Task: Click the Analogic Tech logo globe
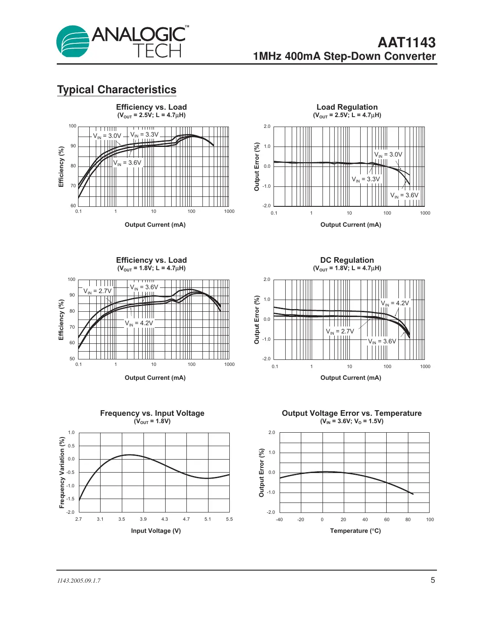73,42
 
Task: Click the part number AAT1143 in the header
406,42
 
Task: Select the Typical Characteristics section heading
117,90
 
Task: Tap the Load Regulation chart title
347,107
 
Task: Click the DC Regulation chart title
347,260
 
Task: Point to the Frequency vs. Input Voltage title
152,413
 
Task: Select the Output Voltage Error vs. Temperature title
352,413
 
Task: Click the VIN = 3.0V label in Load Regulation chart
388,154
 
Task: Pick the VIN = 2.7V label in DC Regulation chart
340,331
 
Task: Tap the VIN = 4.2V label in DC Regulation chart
394,303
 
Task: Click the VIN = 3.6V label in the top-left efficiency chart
127,163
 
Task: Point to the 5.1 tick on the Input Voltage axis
208,519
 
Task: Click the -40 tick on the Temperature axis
279,519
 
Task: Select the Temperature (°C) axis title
355,531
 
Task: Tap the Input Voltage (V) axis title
156,531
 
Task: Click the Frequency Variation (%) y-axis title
62,472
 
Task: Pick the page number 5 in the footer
433,580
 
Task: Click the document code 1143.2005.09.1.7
79,581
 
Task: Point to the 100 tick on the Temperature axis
430,519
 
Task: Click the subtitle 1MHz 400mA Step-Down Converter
344,56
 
